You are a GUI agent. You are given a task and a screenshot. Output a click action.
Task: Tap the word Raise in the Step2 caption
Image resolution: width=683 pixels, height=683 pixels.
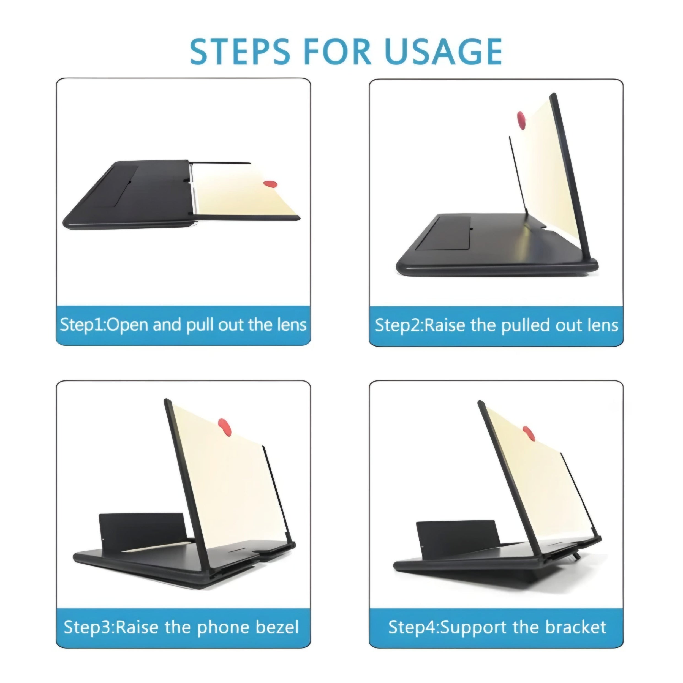pos(444,325)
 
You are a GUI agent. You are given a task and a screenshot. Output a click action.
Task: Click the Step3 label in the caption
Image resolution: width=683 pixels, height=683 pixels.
pos(87,627)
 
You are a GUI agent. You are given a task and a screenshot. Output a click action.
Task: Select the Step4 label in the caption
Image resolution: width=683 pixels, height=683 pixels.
pos(412,627)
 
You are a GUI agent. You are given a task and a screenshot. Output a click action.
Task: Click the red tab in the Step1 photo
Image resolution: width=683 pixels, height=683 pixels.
pos(270,184)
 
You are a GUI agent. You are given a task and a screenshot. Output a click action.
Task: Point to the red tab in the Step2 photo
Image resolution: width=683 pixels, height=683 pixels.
pos(521,121)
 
